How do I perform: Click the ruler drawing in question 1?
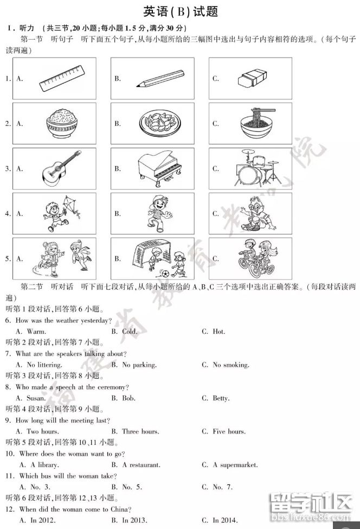point(62,79)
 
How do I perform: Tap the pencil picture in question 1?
point(161,79)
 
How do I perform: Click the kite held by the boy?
point(68,205)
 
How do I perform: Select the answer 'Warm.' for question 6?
point(36,332)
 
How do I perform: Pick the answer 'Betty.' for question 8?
point(221,398)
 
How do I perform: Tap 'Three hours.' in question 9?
point(140,432)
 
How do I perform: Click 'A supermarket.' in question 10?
point(235,465)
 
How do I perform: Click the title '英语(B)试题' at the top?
point(180,12)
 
